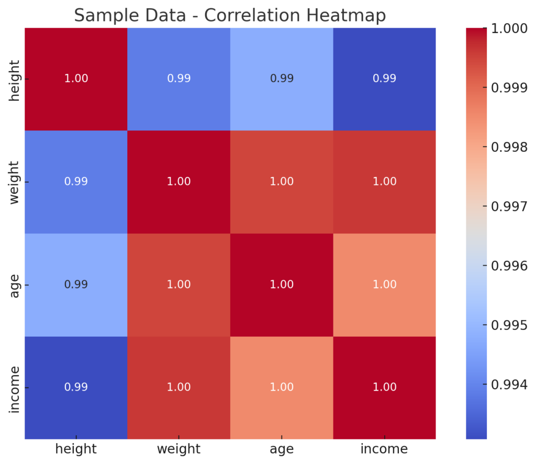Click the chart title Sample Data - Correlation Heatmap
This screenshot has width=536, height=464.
click(230, 15)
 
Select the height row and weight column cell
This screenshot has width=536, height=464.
click(178, 79)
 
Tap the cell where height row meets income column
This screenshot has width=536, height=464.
click(384, 79)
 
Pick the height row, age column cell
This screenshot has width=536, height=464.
click(282, 79)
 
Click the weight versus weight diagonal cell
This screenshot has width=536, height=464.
click(178, 182)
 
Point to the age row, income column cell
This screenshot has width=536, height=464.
click(384, 284)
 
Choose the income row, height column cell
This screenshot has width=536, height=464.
click(76, 388)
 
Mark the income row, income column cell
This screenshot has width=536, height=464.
click(384, 388)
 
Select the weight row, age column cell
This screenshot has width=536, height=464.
click(282, 182)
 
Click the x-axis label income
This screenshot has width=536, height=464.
click(384, 449)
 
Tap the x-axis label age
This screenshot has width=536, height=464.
click(282, 449)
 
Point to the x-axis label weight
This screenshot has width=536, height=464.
click(178, 449)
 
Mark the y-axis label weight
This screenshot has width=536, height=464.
click(15, 182)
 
